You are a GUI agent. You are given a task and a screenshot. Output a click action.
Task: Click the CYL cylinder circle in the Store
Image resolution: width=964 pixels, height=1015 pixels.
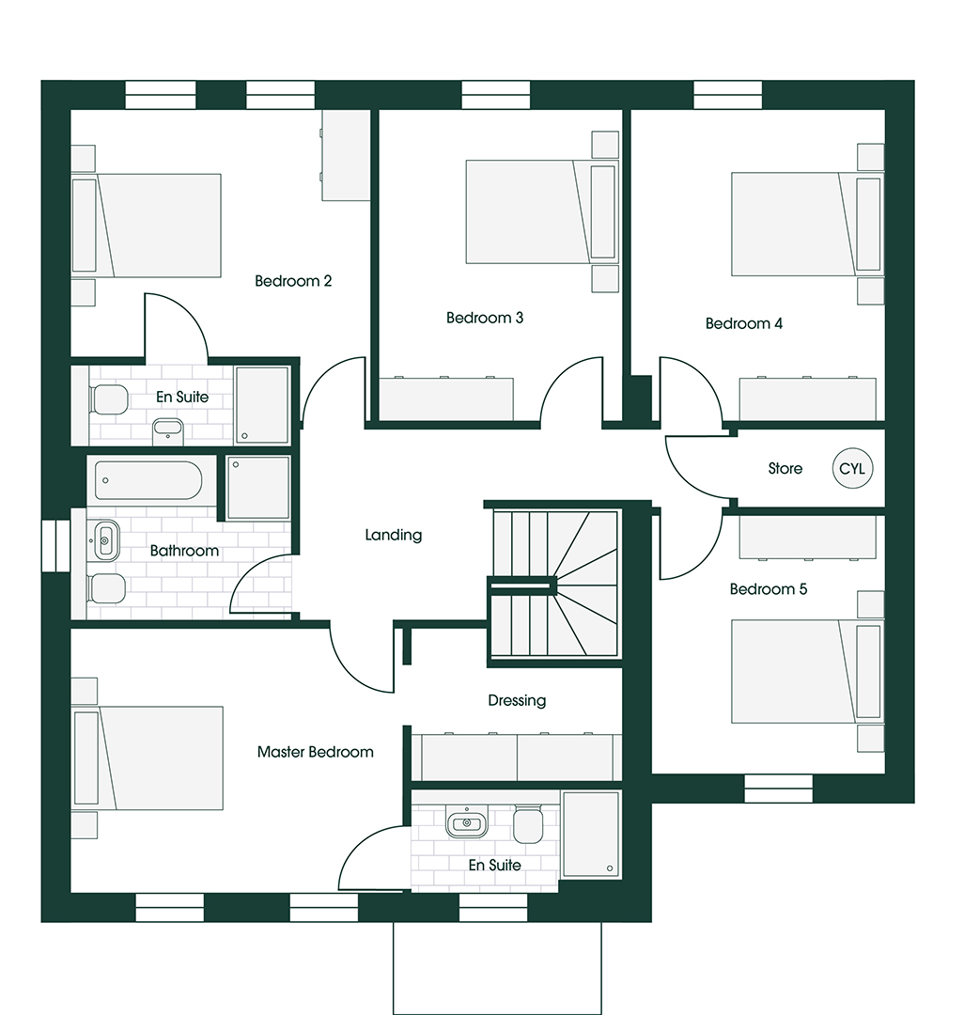pyautogui.click(x=851, y=468)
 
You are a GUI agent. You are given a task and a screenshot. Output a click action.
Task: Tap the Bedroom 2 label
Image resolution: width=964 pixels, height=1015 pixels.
pyautogui.click(x=293, y=281)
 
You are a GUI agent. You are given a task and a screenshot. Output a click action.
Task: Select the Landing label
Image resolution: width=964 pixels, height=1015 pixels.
pyautogui.click(x=394, y=535)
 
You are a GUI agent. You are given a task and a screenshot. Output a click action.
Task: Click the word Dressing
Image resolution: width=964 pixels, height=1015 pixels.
pyautogui.click(x=517, y=700)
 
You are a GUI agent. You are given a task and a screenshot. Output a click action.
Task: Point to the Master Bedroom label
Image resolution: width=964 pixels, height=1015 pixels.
pyautogui.click(x=316, y=752)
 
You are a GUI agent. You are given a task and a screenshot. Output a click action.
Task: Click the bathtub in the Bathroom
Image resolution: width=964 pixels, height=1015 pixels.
pyautogui.click(x=148, y=480)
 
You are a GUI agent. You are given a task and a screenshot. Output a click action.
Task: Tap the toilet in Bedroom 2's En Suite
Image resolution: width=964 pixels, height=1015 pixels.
pyautogui.click(x=109, y=399)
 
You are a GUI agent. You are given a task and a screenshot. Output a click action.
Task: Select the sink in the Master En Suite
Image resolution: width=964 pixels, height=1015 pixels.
pyautogui.click(x=466, y=823)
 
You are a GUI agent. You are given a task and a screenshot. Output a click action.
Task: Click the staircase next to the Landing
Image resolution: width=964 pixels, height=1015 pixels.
pyautogui.click(x=554, y=585)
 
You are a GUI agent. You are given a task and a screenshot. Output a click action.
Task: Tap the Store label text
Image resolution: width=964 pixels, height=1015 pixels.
pyautogui.click(x=785, y=468)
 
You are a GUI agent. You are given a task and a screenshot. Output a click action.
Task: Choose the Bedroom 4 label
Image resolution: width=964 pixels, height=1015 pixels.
pyautogui.click(x=744, y=323)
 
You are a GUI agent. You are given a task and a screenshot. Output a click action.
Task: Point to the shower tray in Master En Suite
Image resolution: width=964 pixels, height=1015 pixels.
pyautogui.click(x=591, y=834)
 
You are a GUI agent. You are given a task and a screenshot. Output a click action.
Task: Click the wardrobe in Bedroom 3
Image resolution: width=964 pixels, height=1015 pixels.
pyautogui.click(x=446, y=399)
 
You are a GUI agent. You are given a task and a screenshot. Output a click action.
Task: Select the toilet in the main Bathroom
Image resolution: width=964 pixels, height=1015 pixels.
pyautogui.click(x=106, y=589)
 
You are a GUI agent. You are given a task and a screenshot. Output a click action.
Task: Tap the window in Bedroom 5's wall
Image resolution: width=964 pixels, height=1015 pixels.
pyautogui.click(x=778, y=788)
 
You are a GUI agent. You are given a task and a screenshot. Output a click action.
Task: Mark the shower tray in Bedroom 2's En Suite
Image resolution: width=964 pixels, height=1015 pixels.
pyautogui.click(x=261, y=404)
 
